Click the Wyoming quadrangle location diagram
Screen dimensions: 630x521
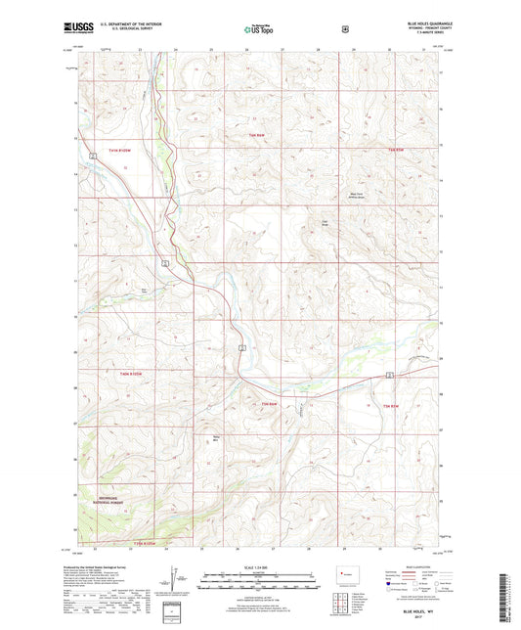(x=344, y=576)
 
